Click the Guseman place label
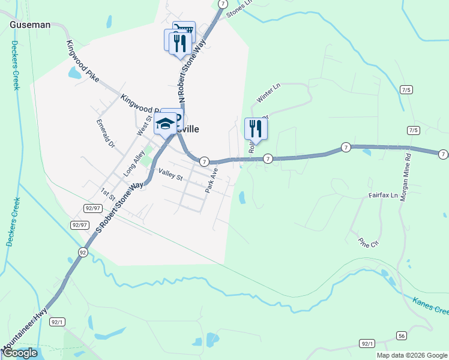(x=29, y=25)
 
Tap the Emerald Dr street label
(x=105, y=133)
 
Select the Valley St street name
(x=170, y=175)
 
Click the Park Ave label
(x=211, y=181)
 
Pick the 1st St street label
(x=107, y=193)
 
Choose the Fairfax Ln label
(x=383, y=196)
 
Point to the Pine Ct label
(x=369, y=243)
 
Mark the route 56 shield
(x=401, y=335)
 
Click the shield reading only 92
(x=82, y=252)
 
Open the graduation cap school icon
(x=164, y=125)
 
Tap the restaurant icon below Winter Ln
(x=256, y=128)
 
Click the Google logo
(x=20, y=353)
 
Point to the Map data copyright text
(x=412, y=355)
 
